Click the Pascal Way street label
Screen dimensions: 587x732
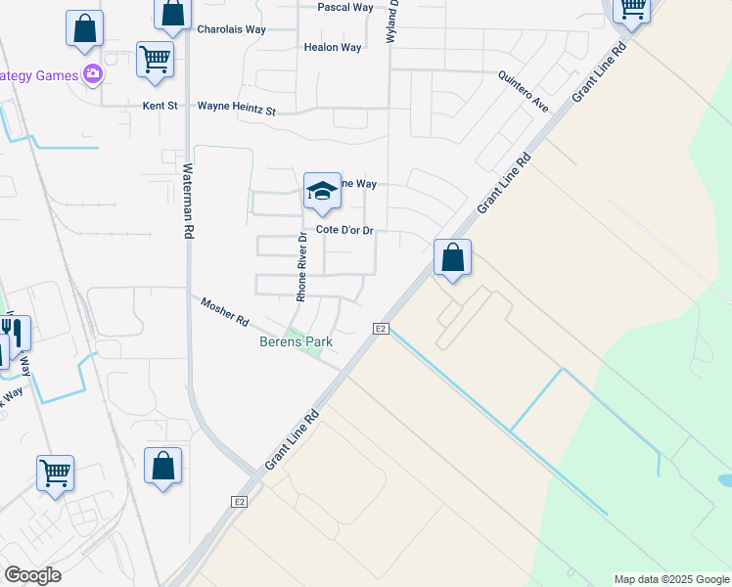click(345, 7)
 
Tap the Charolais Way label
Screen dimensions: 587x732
click(231, 29)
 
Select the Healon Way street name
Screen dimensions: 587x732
click(333, 47)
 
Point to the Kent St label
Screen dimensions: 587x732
click(160, 106)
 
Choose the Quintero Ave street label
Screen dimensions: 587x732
click(524, 91)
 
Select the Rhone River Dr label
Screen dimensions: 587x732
click(302, 266)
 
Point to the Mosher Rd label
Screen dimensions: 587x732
click(225, 313)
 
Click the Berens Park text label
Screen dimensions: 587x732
click(296, 341)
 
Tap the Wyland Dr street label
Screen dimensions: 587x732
click(393, 18)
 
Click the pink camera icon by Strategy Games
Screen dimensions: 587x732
click(93, 73)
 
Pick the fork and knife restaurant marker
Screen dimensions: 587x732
click(15, 333)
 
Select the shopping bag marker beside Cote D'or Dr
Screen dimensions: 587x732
click(452, 258)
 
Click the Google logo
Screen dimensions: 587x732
click(32, 575)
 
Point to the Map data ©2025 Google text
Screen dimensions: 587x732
click(670, 579)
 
